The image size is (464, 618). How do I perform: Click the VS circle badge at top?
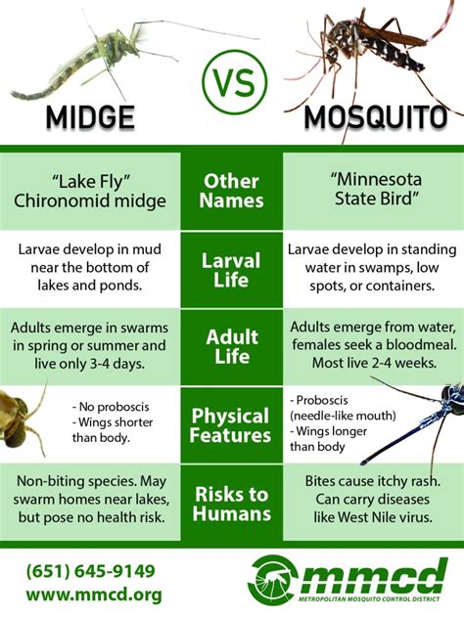(x=234, y=82)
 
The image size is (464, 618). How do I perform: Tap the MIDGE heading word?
(x=90, y=117)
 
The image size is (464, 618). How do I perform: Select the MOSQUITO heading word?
(x=376, y=117)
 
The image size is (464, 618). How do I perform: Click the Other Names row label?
(x=232, y=191)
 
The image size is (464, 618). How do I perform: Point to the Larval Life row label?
(x=231, y=270)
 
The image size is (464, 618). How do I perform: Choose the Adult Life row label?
(x=232, y=346)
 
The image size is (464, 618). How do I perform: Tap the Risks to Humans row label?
(x=232, y=504)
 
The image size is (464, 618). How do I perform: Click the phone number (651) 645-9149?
(x=91, y=571)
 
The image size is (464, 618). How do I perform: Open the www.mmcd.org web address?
(x=94, y=595)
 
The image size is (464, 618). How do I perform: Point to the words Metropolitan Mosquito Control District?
(x=368, y=599)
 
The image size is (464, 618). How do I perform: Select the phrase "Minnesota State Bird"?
(x=376, y=189)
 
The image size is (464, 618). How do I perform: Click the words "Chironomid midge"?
(x=90, y=201)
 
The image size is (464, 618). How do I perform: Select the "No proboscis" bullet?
(x=111, y=407)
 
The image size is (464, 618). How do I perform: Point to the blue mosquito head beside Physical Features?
(x=454, y=399)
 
